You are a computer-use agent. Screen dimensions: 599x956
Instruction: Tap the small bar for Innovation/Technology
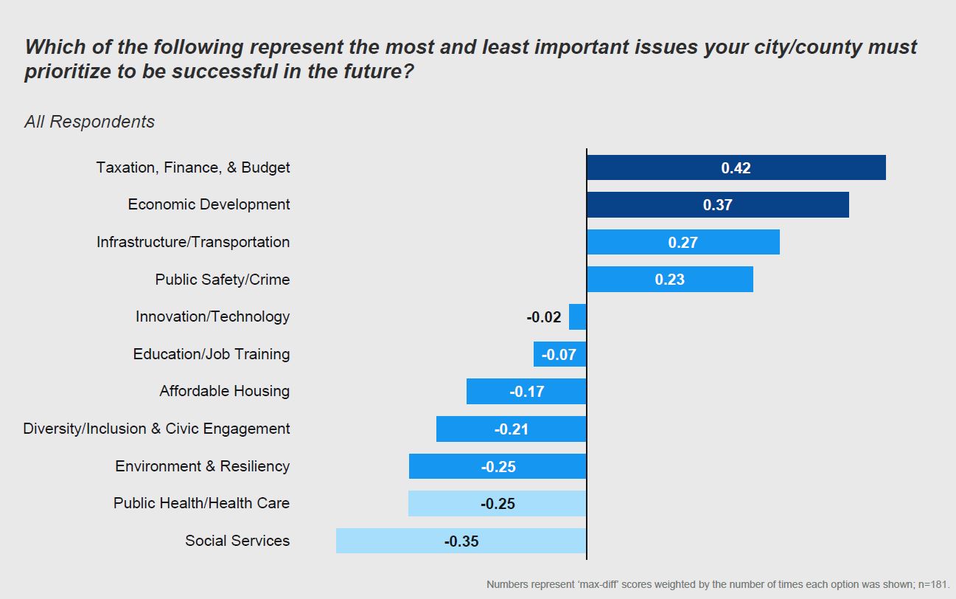[578, 317]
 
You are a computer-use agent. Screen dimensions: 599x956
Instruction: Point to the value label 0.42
[736, 168]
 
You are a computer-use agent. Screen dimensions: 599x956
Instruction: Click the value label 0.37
[717, 205]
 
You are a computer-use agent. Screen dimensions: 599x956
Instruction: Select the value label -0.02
[544, 317]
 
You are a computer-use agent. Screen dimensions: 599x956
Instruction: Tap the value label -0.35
[461, 541]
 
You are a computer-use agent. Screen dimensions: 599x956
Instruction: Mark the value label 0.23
[669, 280]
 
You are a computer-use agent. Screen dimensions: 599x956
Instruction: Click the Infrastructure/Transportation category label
[193, 242]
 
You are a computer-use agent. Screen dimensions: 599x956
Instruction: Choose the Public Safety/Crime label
[222, 280]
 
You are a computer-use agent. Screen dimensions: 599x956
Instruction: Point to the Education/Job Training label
[212, 354]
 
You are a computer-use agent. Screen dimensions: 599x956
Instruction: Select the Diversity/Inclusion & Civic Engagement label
[156, 429]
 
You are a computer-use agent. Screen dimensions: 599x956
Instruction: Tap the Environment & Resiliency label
[202, 466]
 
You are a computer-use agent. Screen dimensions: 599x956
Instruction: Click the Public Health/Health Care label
[201, 503]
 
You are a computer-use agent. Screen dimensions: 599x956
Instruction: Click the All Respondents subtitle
[89, 122]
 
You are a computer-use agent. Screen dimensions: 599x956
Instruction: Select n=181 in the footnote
[933, 584]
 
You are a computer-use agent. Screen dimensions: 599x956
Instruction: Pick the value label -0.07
[559, 355]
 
